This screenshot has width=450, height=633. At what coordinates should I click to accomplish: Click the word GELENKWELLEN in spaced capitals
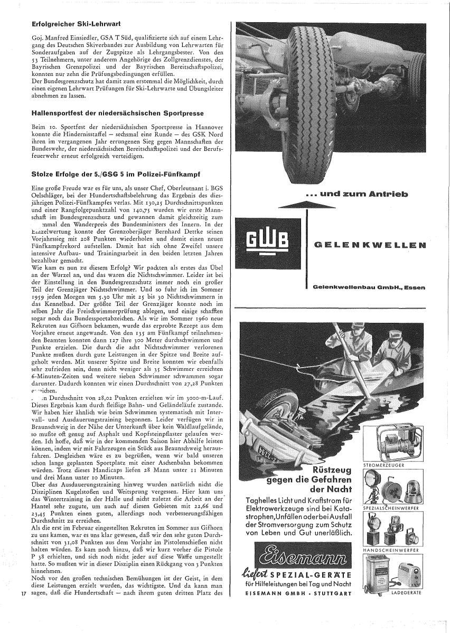(369, 245)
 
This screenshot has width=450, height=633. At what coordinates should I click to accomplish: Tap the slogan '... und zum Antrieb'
(357, 194)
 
